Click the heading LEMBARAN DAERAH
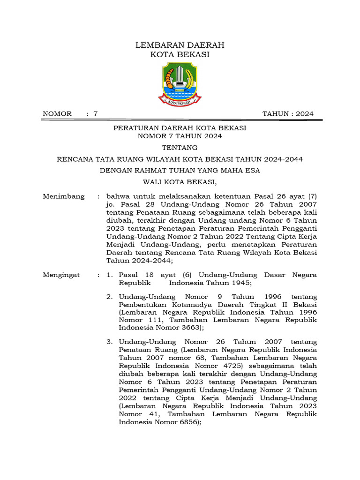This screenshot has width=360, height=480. (x=180, y=45)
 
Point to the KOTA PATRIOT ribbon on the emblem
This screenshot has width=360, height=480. (x=180, y=99)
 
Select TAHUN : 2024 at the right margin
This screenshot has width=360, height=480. (x=288, y=113)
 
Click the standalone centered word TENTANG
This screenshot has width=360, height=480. (x=180, y=148)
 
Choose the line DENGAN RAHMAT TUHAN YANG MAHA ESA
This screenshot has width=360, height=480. (x=180, y=170)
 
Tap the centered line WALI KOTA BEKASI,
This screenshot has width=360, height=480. (x=180, y=182)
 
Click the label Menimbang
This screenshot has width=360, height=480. (x=64, y=196)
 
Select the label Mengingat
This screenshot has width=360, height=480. (x=61, y=275)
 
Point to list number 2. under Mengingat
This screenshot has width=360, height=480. (x=109, y=297)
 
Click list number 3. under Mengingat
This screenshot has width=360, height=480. (x=109, y=342)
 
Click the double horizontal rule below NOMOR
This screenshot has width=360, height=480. (x=182, y=120)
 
